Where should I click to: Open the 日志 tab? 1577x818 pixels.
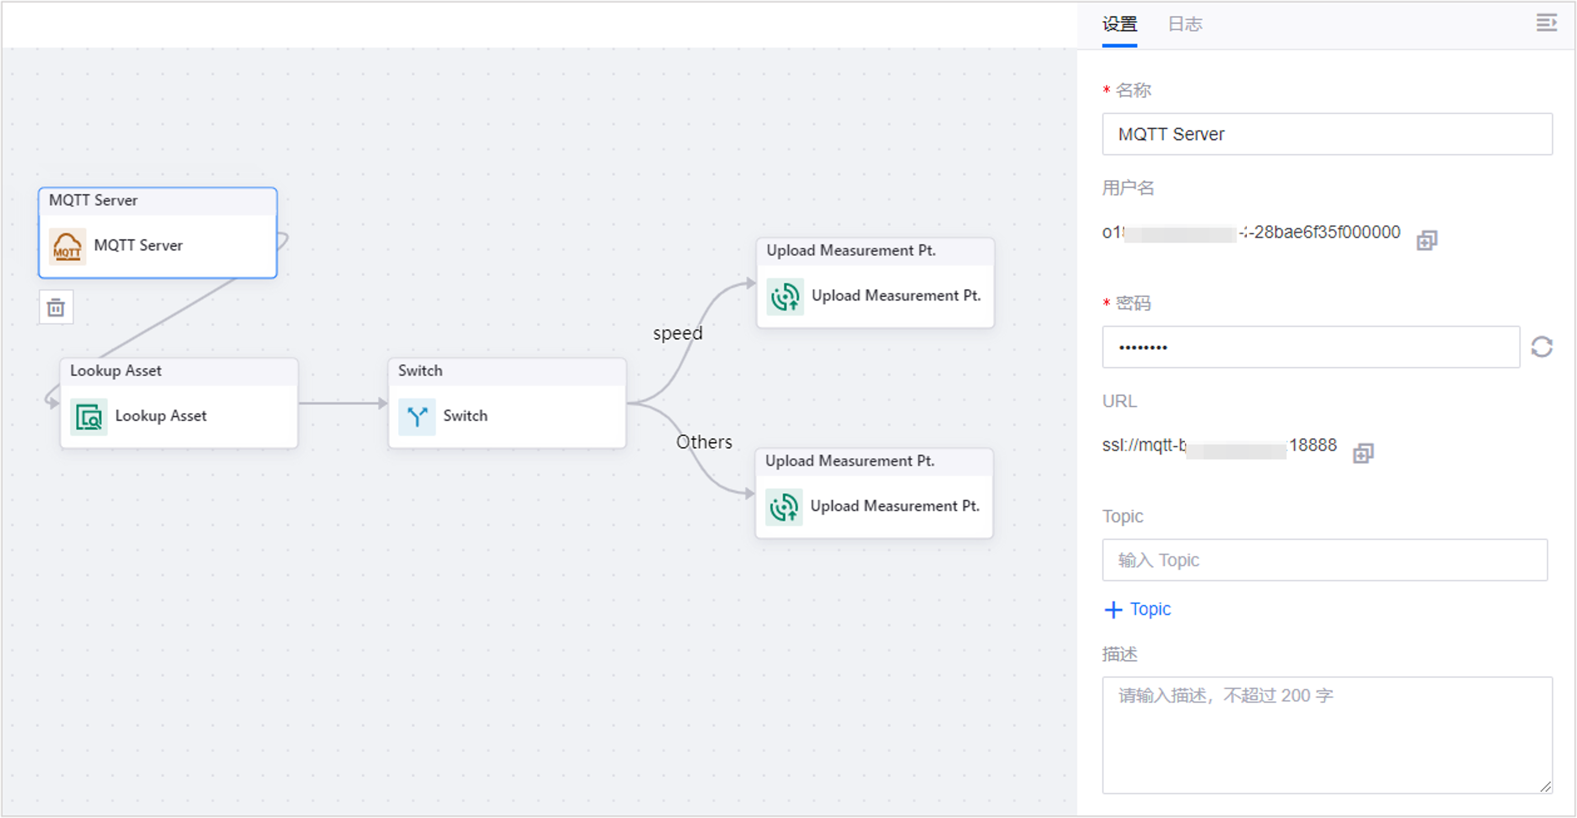1185,24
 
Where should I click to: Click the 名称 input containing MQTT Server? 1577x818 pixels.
1327,134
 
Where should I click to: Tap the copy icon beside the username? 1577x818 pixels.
1427,240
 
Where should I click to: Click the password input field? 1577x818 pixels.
1310,347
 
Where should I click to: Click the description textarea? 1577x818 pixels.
1327,735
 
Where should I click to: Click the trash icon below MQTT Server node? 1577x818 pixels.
56,308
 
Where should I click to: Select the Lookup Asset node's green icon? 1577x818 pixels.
89,416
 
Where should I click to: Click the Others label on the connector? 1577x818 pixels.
703,442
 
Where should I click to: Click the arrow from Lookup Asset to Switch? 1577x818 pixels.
343,403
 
